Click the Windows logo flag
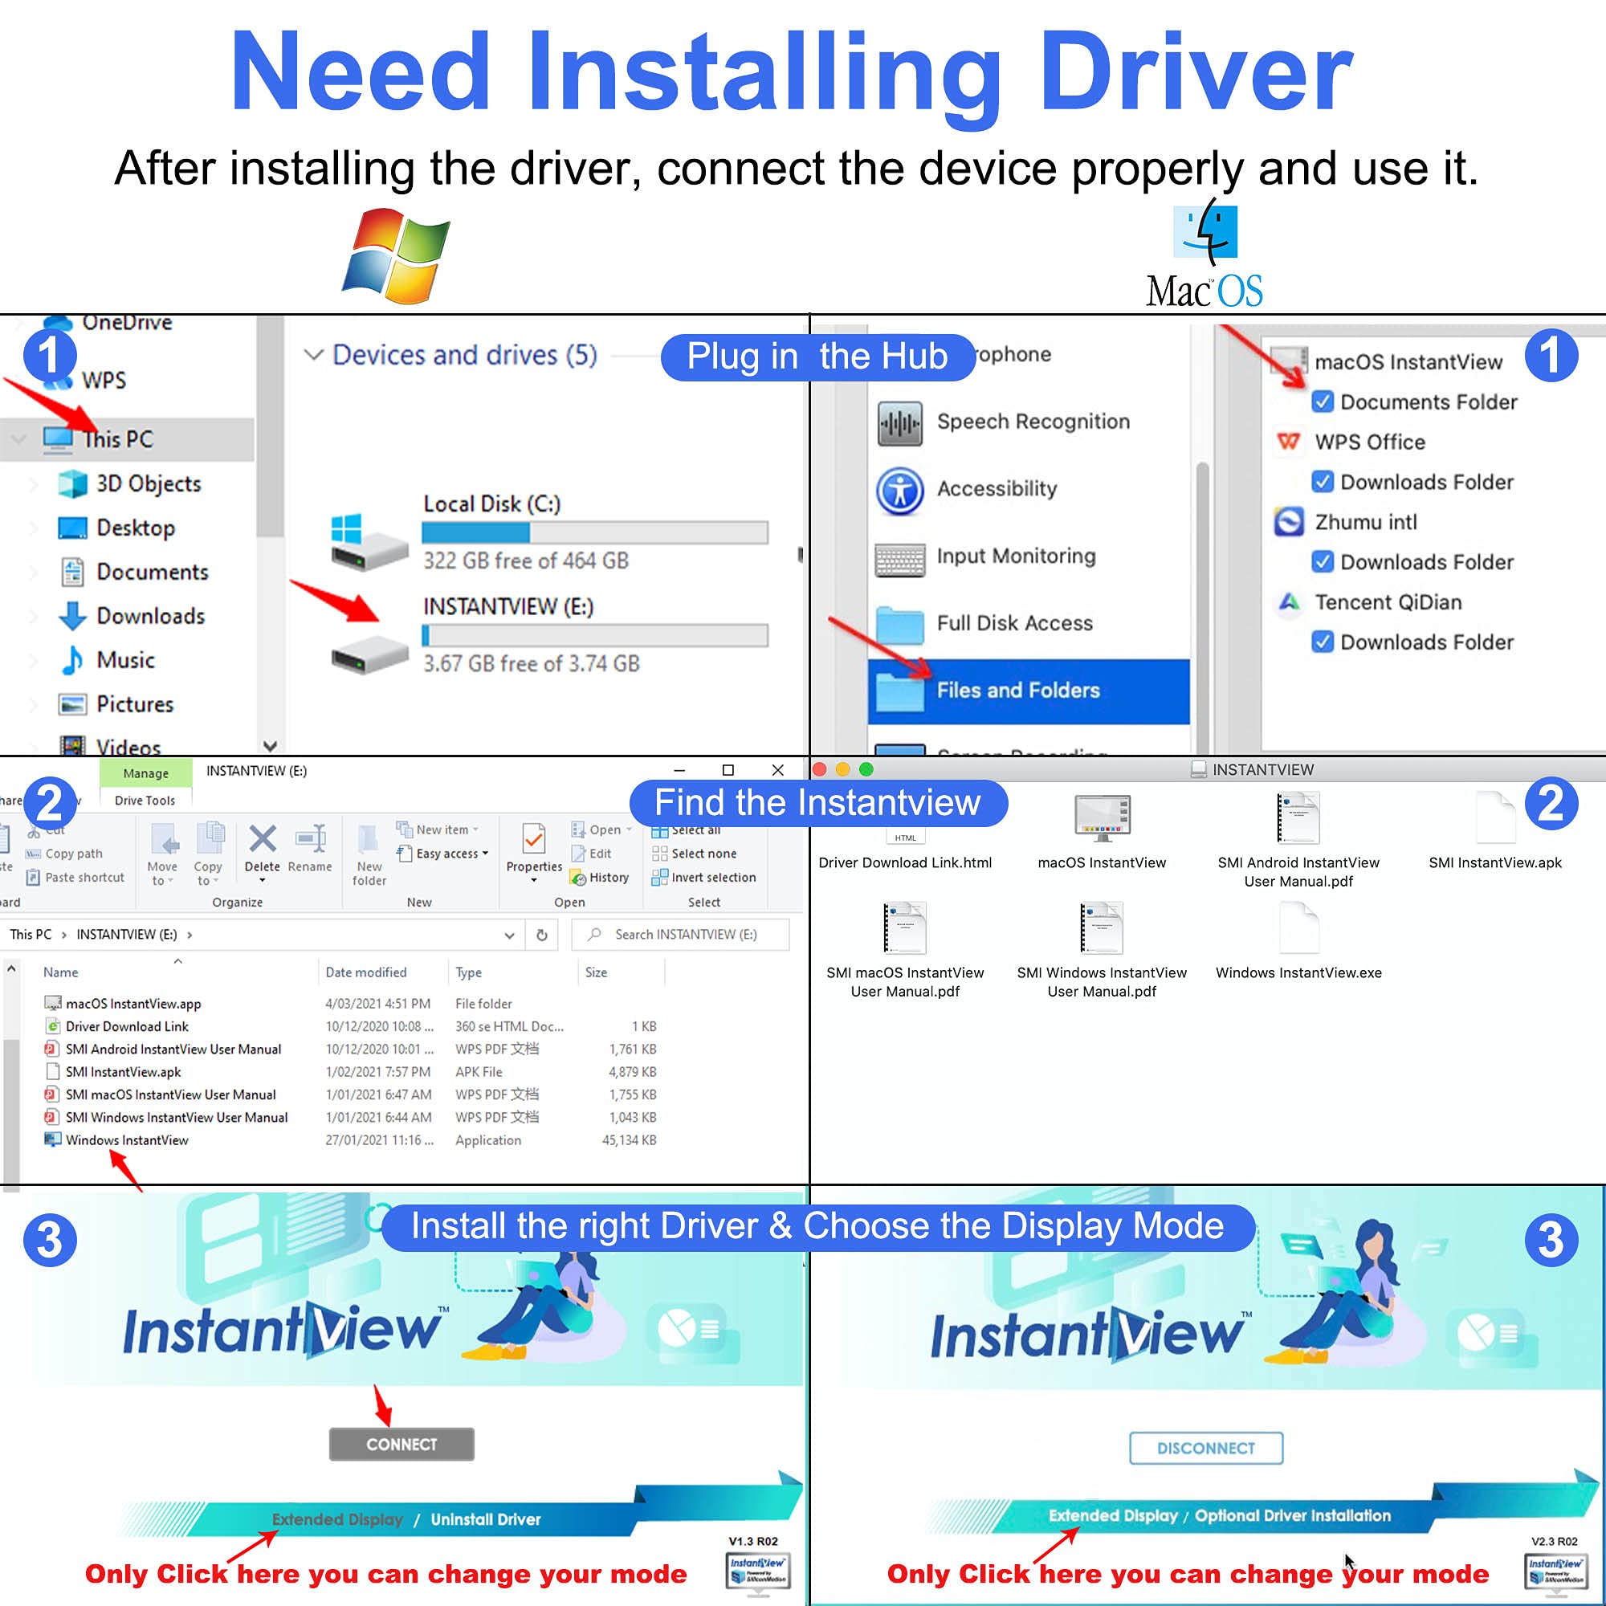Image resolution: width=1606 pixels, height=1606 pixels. tap(397, 255)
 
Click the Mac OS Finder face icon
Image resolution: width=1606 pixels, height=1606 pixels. tap(1204, 231)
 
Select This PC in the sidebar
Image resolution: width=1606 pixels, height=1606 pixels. tap(118, 439)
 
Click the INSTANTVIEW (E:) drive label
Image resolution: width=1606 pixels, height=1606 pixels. tap(508, 607)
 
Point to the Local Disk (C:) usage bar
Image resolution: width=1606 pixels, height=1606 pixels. tap(594, 532)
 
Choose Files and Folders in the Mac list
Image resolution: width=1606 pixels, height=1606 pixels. tap(1017, 690)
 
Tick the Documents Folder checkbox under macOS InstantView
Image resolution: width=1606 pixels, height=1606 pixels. tap(1322, 402)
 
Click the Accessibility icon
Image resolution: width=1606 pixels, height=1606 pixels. tap(899, 490)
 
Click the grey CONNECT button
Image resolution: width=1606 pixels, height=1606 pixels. tap(401, 1444)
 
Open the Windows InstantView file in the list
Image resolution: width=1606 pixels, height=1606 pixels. tap(127, 1139)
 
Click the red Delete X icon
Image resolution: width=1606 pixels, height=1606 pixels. tap(263, 839)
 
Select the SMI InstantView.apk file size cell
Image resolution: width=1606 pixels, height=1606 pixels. tap(632, 1071)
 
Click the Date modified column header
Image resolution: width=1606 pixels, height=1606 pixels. tap(365, 972)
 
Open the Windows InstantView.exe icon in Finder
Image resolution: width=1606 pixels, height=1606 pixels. tap(1298, 927)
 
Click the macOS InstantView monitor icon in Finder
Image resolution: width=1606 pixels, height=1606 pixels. tap(1102, 818)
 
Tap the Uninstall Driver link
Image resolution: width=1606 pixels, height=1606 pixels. tap(486, 1519)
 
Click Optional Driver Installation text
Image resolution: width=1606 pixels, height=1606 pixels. tap(1293, 1515)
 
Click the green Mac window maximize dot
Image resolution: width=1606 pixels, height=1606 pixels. tap(866, 769)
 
